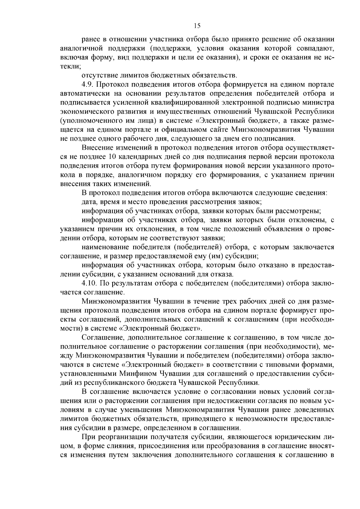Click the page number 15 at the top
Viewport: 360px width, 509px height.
pyautogui.click(x=197, y=26)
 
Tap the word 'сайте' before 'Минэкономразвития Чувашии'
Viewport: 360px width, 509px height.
pyautogui.click(x=219, y=130)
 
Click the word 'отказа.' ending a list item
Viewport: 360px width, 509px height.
pyautogui.click(x=222, y=274)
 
